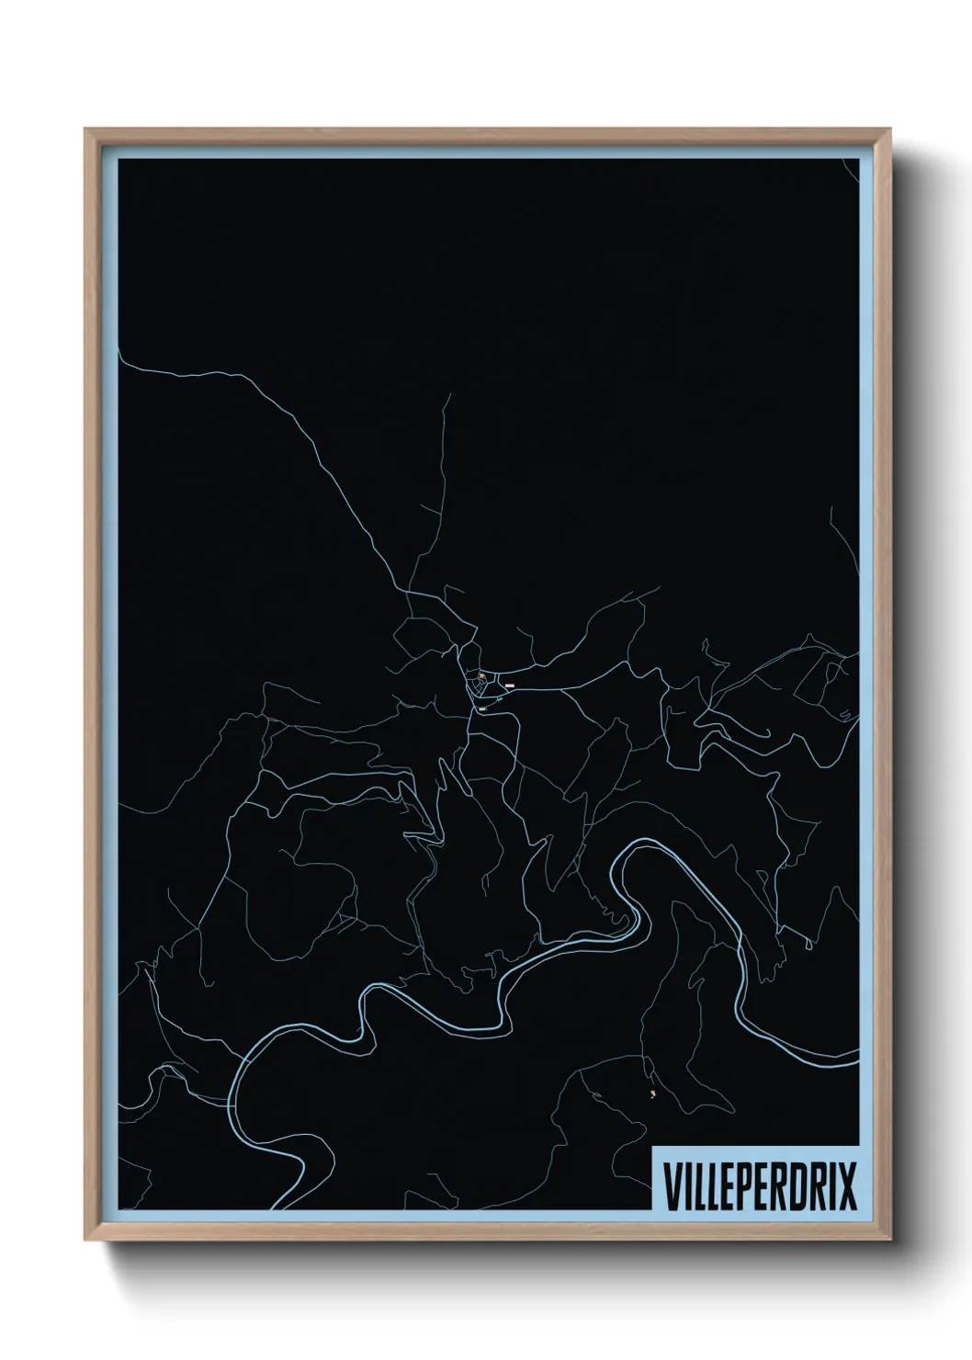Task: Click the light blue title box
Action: click(x=755, y=1178)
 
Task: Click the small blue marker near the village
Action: click(x=498, y=699)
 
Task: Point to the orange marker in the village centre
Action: click(x=481, y=675)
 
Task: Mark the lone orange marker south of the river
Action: click(x=652, y=1093)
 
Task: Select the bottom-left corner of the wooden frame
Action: click(x=86, y=1241)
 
